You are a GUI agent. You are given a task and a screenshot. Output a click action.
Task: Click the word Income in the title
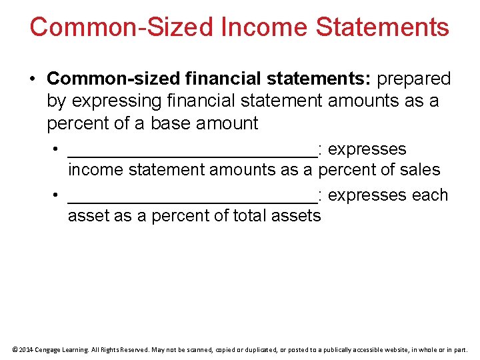click(263, 27)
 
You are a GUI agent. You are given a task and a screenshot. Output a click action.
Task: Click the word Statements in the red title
click(383, 27)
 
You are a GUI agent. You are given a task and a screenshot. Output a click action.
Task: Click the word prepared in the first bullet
click(414, 79)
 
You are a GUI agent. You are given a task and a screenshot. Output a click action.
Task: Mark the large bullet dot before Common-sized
click(33, 79)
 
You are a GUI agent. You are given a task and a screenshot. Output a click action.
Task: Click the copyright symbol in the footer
click(14, 349)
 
